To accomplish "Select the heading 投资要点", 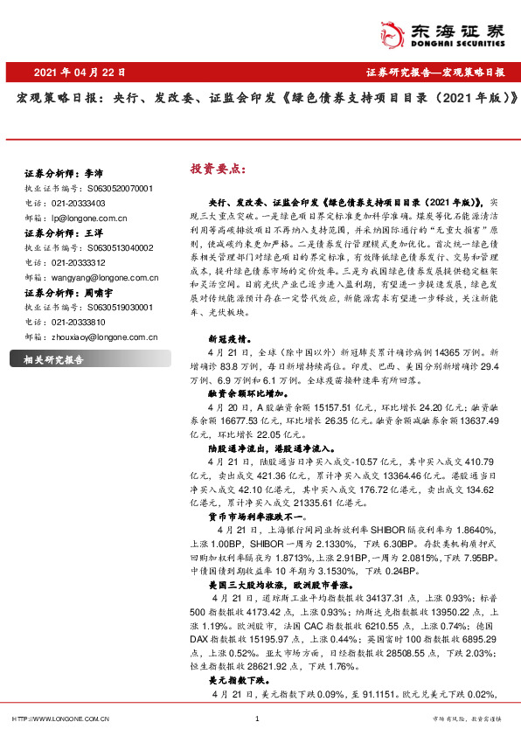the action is pyautogui.click(x=215, y=169).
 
